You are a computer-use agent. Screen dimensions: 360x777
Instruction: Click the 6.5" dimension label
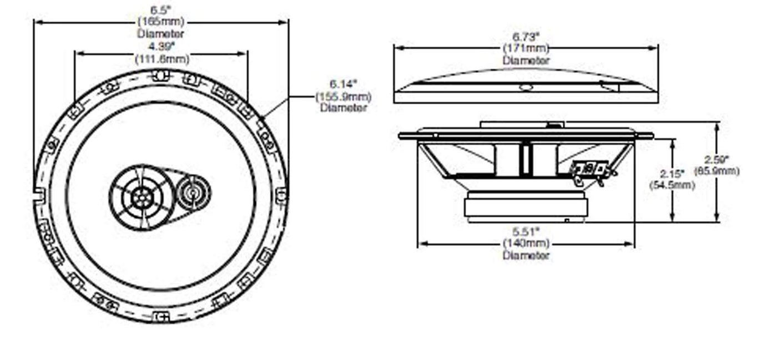161,11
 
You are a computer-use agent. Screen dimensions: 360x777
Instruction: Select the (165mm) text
161,22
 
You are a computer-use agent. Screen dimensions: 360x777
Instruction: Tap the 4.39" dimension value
162,46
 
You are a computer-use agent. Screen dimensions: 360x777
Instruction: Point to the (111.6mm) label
162,58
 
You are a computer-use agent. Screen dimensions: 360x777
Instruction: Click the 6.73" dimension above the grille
526,37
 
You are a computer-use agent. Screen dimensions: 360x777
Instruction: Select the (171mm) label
526,48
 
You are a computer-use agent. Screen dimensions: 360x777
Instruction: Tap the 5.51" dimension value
526,231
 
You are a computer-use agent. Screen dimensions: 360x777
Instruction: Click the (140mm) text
526,243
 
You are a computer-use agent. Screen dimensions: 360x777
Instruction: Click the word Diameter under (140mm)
526,255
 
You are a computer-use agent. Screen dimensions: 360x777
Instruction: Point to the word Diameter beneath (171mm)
526,60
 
